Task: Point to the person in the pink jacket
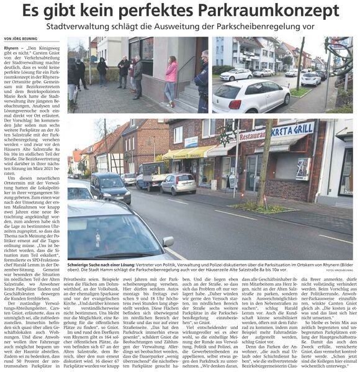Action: click(x=171, y=78)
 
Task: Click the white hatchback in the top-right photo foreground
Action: click(x=251, y=96)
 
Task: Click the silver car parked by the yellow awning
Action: click(x=177, y=183)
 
